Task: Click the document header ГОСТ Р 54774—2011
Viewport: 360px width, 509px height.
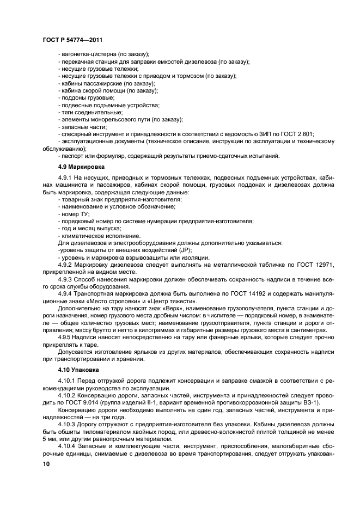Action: [72, 40]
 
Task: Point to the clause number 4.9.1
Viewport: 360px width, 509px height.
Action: [66, 179]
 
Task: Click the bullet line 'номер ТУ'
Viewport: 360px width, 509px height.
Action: [75, 214]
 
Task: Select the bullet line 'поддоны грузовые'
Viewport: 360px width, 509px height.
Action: [87, 97]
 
